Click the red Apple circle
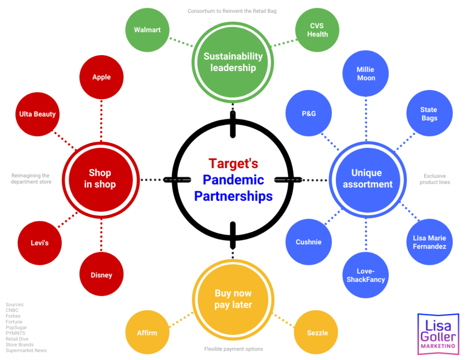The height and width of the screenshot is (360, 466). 101,77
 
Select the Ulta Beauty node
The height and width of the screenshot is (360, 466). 37,114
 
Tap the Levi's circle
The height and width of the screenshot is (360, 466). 40,243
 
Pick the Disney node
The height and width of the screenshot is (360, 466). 101,274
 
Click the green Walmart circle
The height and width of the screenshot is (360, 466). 147,30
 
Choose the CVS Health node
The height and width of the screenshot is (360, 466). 317,30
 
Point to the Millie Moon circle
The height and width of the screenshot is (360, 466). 366,73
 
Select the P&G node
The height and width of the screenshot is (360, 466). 308,113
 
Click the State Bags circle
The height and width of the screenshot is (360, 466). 429,113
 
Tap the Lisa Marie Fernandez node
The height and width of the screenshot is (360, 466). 429,242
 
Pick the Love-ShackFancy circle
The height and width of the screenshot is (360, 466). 365,275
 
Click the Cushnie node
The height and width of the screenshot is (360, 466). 308,242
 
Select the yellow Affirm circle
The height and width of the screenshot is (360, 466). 147,333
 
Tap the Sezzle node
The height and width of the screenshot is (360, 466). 317,333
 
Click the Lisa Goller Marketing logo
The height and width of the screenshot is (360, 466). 438,334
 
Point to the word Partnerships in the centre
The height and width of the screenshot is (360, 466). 233,196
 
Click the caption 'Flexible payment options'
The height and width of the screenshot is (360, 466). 233,349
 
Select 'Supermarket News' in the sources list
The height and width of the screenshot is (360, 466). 26,350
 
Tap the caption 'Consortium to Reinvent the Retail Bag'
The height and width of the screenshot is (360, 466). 232,11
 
